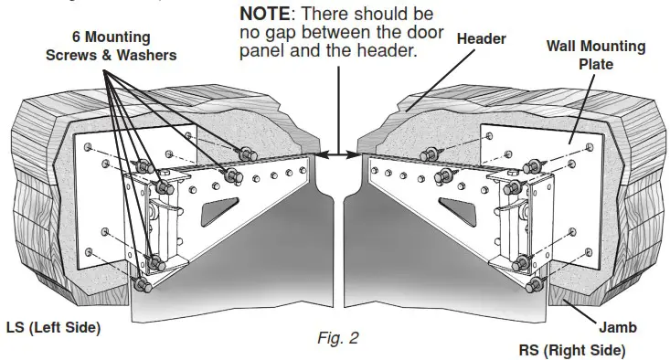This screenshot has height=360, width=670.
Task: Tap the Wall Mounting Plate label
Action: (x=596, y=54)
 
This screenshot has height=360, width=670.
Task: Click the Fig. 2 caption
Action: (x=337, y=337)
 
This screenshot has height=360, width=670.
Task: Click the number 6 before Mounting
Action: (x=76, y=37)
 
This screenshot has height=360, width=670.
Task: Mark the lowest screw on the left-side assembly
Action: (x=144, y=286)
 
